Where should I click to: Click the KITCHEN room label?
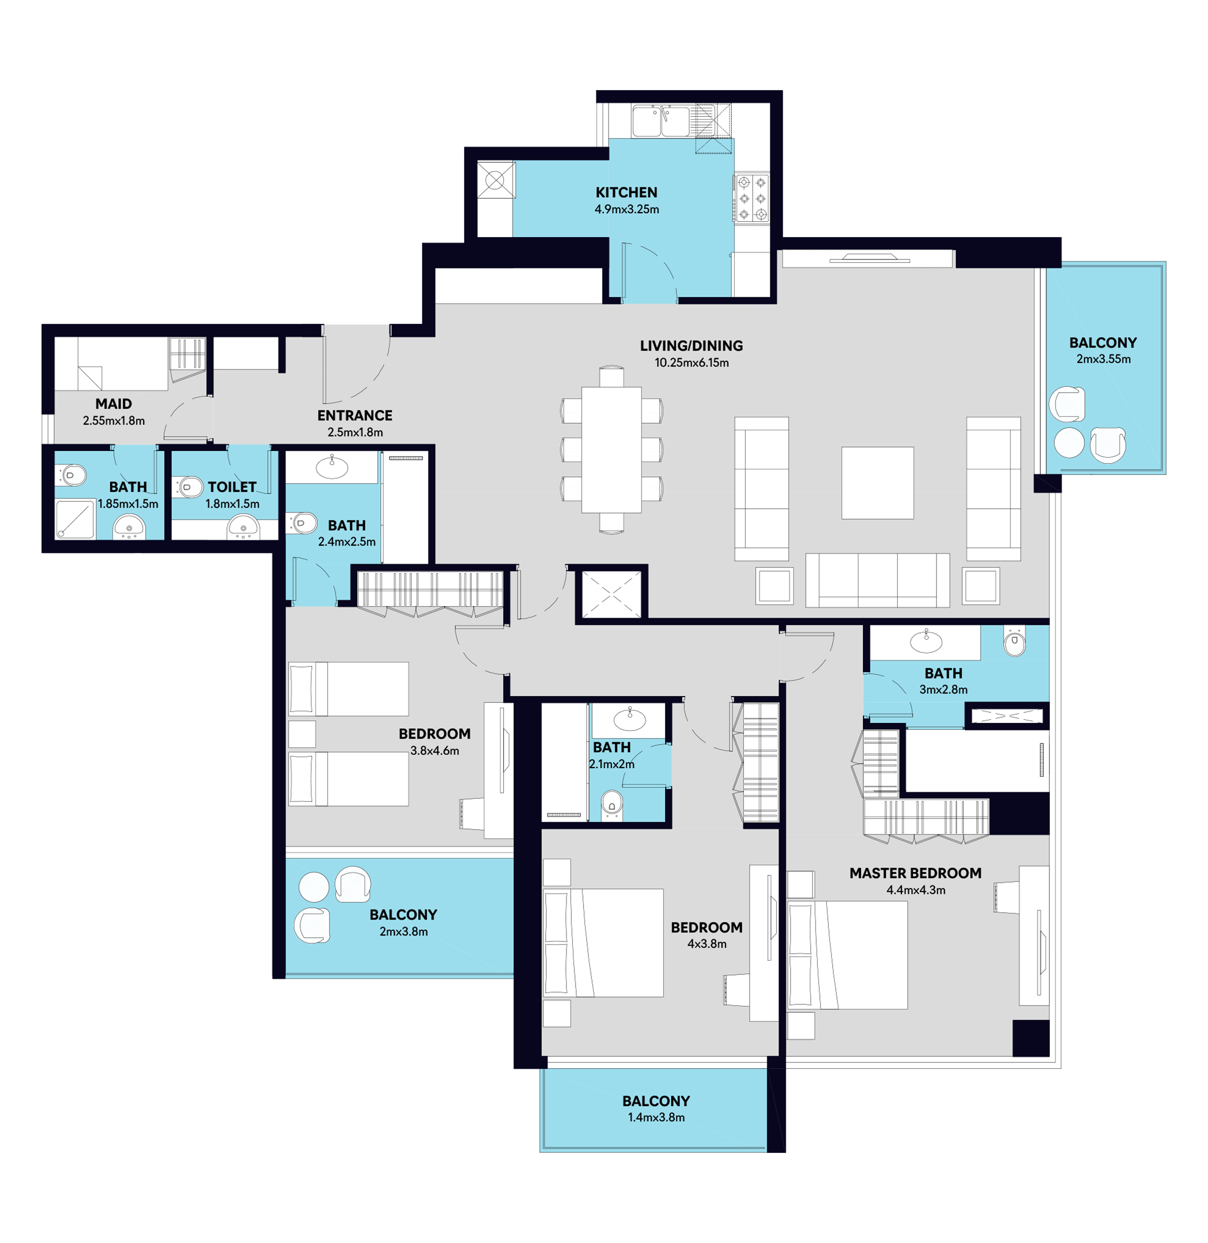click(x=626, y=192)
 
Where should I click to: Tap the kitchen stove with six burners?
click(x=752, y=199)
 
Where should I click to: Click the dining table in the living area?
click(x=612, y=450)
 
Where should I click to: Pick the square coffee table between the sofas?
click(x=877, y=483)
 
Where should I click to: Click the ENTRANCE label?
click(x=355, y=416)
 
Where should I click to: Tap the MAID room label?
click(x=113, y=404)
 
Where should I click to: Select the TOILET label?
click(x=232, y=487)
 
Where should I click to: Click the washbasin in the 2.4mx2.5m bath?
click(x=332, y=468)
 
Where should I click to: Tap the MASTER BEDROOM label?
click(x=916, y=874)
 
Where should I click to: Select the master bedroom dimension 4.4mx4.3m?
click(x=916, y=891)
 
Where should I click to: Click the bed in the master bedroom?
click(x=848, y=955)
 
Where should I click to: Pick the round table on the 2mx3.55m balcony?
click(x=1070, y=442)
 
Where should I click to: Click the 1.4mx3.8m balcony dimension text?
click(x=656, y=1118)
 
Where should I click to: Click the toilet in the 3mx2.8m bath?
click(x=1015, y=643)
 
